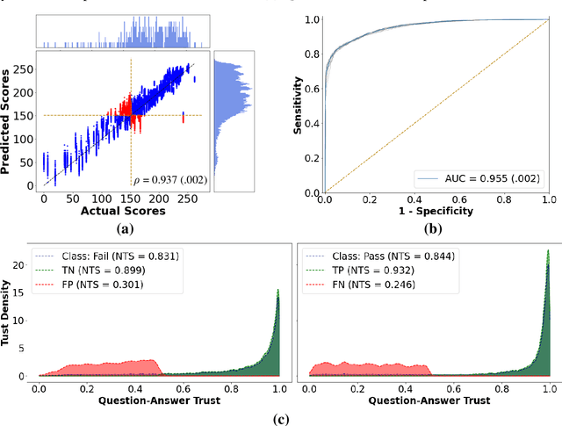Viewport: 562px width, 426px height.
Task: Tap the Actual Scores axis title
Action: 119,212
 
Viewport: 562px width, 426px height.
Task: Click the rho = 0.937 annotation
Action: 166,181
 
